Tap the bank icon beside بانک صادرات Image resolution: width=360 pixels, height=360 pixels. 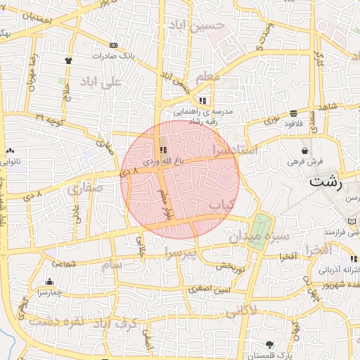pos(114,45)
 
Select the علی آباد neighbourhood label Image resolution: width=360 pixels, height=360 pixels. pos(101,82)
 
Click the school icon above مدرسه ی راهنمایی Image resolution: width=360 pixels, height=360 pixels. pos(203,101)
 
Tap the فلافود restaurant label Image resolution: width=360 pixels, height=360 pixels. pos(296,123)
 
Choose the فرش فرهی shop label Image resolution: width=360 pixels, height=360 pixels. pos(304,161)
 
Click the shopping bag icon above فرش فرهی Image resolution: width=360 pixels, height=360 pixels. pos(304,150)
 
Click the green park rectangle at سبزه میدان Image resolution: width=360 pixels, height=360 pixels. pos(262,226)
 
